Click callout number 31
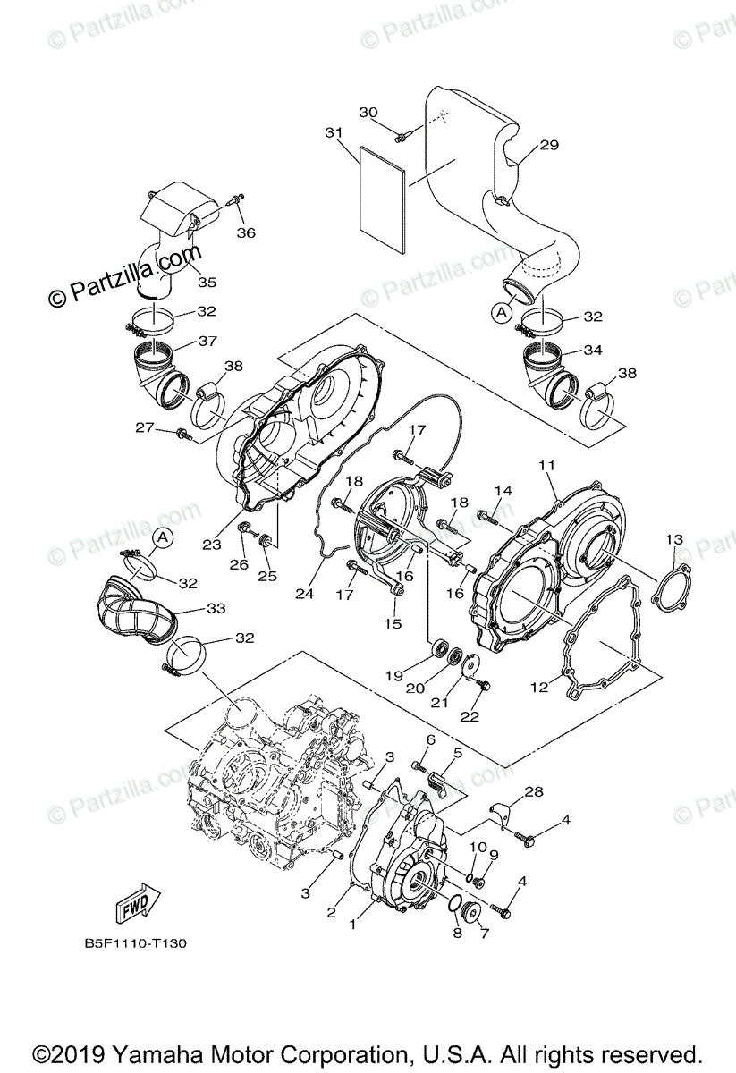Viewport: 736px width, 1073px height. tap(334, 133)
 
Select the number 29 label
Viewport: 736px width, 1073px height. tap(548, 144)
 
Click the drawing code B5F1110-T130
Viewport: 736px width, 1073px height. tap(136, 942)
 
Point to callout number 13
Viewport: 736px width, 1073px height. tap(673, 539)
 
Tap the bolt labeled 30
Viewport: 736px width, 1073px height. tap(402, 135)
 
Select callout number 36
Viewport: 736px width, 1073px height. tap(246, 232)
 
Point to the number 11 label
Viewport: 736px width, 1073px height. tap(546, 466)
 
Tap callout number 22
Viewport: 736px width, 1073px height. tap(469, 716)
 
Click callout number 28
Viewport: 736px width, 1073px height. tap(534, 791)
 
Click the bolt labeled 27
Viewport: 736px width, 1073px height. tap(185, 435)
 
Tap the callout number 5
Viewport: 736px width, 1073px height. tap(457, 754)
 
